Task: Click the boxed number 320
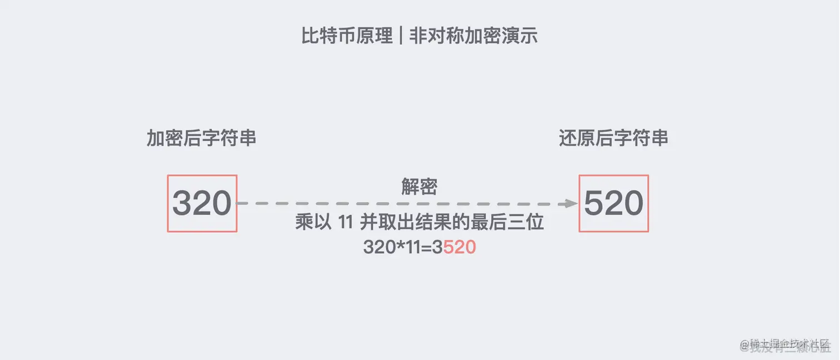pos(202,203)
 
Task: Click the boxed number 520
pos(613,203)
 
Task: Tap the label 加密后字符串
pos(201,138)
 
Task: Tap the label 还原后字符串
pos(613,138)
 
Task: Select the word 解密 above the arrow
pos(419,187)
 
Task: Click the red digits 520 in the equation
pos(459,247)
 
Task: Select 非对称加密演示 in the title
pos(473,36)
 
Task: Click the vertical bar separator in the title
pos(401,36)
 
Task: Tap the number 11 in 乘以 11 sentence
pos(346,223)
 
